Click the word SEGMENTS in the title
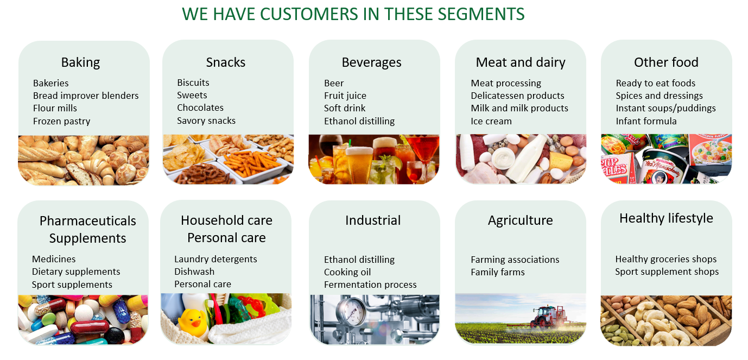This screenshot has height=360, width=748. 481,14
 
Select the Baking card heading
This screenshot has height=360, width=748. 80,62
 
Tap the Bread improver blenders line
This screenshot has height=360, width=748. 86,96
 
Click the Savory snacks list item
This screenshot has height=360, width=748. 206,121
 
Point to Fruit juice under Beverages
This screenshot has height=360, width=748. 345,96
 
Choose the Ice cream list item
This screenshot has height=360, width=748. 491,121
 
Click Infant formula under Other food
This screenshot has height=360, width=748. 646,121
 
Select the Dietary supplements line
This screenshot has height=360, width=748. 76,272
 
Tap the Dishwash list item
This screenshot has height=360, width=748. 194,271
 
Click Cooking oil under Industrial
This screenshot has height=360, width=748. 347,272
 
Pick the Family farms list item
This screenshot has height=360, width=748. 498,272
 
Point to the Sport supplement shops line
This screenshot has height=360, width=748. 667,272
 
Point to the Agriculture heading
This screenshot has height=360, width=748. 520,221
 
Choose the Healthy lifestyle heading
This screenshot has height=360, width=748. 666,218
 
